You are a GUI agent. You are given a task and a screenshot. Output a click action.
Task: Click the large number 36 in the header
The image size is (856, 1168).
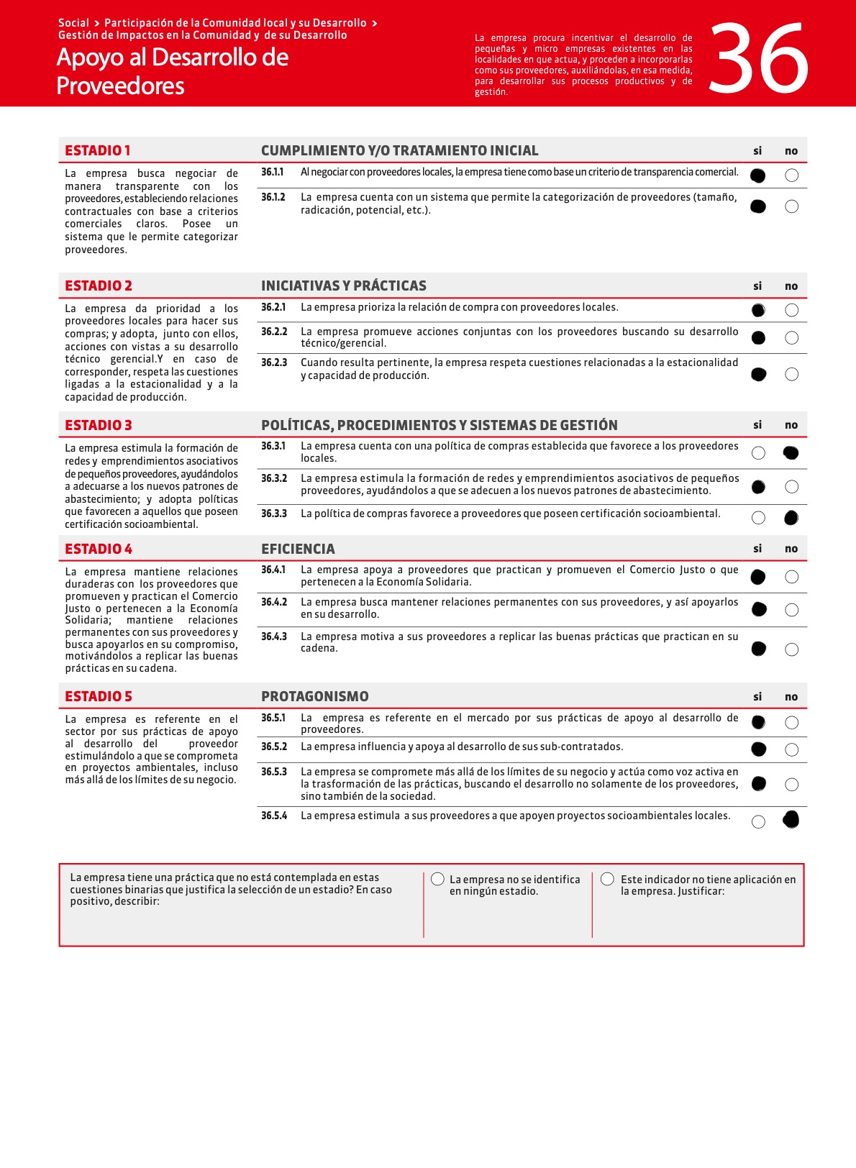click(x=759, y=59)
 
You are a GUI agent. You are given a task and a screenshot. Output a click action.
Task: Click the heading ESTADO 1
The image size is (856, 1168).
click(x=98, y=150)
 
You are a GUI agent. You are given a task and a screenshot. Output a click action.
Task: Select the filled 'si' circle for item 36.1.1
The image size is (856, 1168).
click(x=757, y=175)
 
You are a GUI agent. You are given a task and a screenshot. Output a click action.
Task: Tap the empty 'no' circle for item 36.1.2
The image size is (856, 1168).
click(x=791, y=206)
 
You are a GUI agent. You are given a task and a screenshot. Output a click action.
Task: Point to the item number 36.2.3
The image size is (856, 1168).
click(x=273, y=362)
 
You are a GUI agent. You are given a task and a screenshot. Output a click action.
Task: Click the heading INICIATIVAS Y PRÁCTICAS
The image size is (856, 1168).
click(x=343, y=286)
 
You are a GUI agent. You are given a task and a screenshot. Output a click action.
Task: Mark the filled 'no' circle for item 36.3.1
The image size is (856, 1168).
click(x=791, y=453)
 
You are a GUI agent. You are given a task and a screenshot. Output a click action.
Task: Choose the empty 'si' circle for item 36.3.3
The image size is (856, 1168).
click(x=758, y=518)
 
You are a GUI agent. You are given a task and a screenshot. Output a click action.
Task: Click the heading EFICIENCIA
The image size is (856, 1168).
click(x=298, y=549)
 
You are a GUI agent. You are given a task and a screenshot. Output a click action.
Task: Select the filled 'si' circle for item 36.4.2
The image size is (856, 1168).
click(x=758, y=610)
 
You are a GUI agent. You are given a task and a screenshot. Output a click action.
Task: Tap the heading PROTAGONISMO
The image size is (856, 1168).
click(x=314, y=696)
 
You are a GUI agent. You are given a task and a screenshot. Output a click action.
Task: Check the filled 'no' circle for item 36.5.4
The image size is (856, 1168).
click(x=791, y=820)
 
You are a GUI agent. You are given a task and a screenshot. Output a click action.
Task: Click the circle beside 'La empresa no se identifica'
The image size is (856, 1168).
click(x=437, y=879)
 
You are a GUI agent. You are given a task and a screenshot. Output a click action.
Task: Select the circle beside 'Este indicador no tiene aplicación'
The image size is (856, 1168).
click(x=607, y=879)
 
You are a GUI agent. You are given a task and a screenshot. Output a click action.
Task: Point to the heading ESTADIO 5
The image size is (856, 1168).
click(x=99, y=696)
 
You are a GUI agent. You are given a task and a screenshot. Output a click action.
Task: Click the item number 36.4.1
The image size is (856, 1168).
click(x=273, y=570)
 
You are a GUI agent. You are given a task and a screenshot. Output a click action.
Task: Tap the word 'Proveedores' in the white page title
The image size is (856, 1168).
click(x=120, y=86)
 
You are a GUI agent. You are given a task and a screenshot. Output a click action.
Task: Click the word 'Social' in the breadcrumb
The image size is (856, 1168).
click(x=73, y=23)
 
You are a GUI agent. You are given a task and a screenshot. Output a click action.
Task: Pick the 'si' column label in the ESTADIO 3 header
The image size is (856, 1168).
click(x=757, y=425)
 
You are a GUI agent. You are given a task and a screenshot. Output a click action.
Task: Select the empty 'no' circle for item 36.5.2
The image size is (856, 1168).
click(x=791, y=749)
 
